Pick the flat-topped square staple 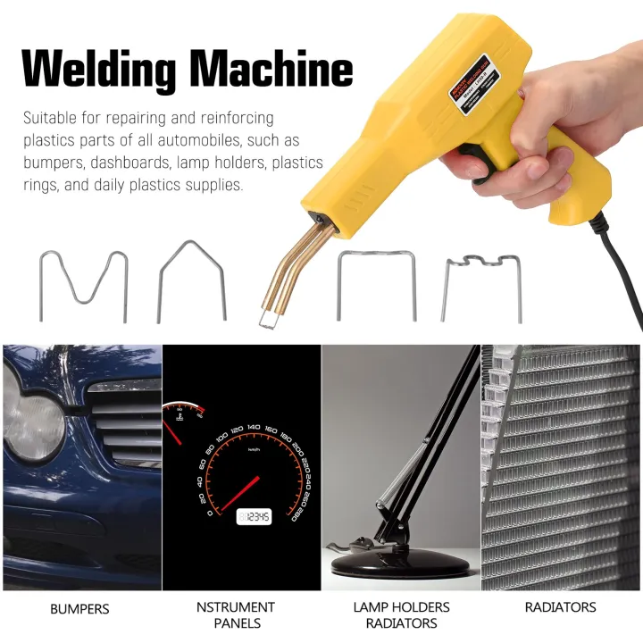tap(376, 284)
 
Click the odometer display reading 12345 tap(254, 517)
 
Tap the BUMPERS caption tap(79, 608)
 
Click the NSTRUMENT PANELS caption tap(237, 614)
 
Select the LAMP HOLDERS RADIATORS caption tap(401, 614)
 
